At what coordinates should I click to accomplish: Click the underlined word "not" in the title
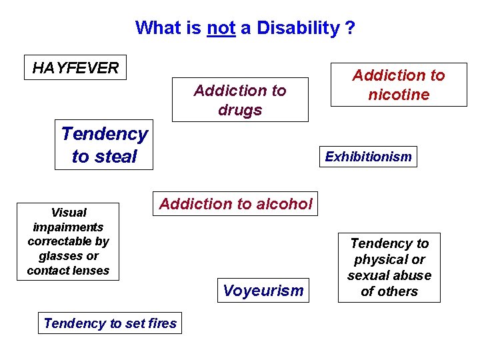(221, 29)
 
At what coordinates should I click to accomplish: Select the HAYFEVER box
(75, 67)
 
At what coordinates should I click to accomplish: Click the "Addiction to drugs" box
(240, 100)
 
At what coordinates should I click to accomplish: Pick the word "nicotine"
(399, 95)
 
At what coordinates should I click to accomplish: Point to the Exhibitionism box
(368, 157)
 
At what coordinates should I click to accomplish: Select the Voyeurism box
(263, 290)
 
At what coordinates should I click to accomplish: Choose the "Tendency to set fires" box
(110, 323)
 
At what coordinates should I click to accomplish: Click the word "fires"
(162, 323)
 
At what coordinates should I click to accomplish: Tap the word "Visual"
(69, 213)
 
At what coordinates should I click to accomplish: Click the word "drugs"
(240, 110)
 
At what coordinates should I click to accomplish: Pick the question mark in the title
(350, 29)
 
